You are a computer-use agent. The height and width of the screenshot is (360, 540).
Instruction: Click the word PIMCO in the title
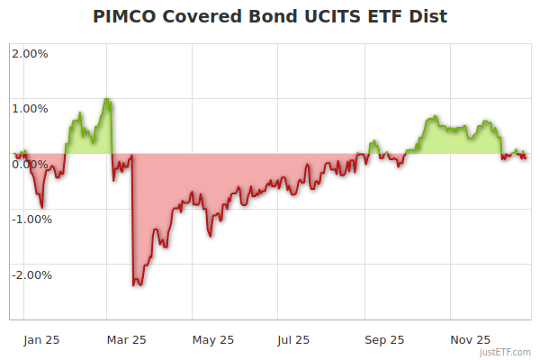pos(127,17)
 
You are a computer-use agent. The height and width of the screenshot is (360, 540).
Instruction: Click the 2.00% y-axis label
pos(30,53)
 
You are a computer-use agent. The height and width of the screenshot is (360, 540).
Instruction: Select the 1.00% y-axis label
pos(30,109)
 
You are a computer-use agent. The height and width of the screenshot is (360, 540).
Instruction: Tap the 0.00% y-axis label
pos(30,164)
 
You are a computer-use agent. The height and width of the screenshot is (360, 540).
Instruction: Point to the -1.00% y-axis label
pos(28,219)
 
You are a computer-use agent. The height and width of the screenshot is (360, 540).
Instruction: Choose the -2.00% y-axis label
pos(28,274)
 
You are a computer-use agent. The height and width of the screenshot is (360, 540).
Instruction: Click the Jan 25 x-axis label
pos(42,339)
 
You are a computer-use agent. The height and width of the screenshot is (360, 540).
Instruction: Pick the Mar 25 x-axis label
pos(126,339)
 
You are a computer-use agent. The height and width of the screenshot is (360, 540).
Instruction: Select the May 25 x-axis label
pos(213,339)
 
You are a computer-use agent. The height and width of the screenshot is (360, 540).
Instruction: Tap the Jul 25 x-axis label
pos(294,339)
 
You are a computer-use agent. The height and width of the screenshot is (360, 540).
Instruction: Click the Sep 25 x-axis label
pos(384,339)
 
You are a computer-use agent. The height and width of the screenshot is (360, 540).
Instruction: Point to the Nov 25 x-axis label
pos(470,339)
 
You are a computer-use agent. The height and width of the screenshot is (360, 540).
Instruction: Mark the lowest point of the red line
pos(135,285)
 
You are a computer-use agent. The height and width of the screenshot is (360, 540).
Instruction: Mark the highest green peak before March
pos(107,99)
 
